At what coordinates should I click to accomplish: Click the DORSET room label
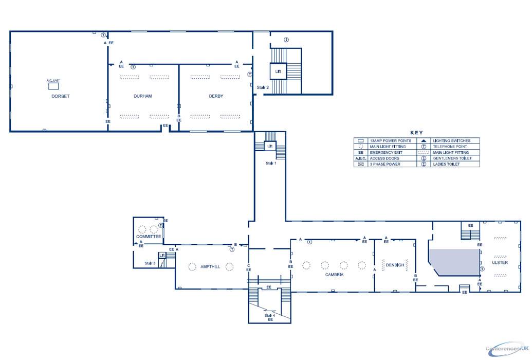[60, 96]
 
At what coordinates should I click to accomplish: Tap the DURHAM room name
[142, 96]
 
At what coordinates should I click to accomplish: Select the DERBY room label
[216, 96]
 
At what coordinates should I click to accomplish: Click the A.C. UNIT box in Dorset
[53, 86]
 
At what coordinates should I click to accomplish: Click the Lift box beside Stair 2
[278, 71]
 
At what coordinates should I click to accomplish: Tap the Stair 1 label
[270, 163]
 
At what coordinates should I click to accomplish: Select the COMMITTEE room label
[149, 237]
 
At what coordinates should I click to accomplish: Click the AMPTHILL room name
[211, 266]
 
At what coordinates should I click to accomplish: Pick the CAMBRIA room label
[334, 275]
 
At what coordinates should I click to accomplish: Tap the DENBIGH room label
[395, 265]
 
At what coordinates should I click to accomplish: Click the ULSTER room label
[500, 263]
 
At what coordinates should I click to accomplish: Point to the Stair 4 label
[270, 315]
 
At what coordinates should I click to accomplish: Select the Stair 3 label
[150, 263]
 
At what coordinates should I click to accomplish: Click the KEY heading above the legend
[417, 133]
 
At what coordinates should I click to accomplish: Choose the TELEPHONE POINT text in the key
[450, 147]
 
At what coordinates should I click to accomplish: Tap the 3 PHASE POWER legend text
[385, 165]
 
